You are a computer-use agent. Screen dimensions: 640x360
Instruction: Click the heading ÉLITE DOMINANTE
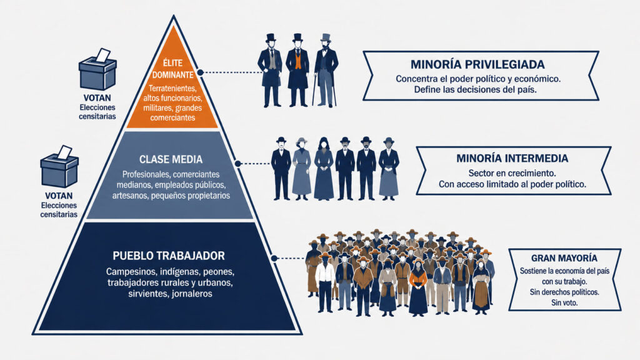172,69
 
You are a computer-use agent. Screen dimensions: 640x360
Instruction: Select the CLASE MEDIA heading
171,159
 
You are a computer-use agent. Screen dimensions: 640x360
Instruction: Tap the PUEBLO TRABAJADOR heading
169,256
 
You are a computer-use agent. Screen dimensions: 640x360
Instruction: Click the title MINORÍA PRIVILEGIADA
477,64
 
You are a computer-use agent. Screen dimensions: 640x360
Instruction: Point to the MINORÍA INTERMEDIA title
512,158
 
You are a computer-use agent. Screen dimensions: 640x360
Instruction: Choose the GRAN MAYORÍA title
564,258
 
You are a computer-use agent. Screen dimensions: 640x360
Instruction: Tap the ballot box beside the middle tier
59,166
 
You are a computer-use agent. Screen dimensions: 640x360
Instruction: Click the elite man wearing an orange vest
297,70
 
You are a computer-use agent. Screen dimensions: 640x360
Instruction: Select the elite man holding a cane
326,70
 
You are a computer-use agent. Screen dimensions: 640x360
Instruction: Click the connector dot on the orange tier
200,72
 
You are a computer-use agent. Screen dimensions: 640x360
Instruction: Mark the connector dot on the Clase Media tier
237,164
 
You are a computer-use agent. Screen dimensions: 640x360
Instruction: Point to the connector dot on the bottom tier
274,258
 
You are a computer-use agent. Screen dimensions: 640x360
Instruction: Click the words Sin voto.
564,303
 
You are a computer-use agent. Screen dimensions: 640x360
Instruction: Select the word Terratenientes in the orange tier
172,88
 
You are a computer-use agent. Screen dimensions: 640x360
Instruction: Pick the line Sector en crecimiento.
512,173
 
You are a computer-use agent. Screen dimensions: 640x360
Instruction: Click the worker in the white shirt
325,282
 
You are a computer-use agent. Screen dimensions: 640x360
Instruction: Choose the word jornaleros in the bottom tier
192,294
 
